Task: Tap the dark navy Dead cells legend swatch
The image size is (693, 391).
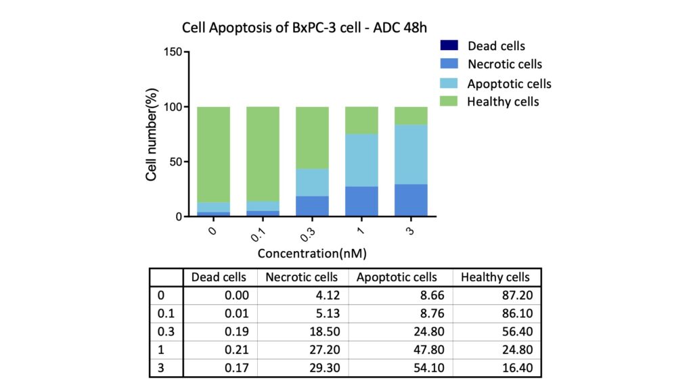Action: point(449,45)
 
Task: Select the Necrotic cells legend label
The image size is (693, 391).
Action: point(505,64)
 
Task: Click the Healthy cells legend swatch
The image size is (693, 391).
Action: point(449,101)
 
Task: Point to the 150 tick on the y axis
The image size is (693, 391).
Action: point(173,51)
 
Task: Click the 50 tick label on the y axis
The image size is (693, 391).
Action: point(176,162)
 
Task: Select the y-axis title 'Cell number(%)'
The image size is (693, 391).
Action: point(151,135)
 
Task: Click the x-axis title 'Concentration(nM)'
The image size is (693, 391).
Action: point(312,254)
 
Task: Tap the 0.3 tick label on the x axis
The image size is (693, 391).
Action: point(308,235)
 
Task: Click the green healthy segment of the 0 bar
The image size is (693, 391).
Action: point(213,155)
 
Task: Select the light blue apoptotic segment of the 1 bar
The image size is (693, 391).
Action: point(361,160)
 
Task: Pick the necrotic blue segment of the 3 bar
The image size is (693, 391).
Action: point(411,200)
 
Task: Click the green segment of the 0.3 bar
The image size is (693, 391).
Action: point(312,138)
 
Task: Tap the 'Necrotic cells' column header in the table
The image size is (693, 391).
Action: point(301,277)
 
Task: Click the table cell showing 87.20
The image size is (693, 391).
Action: point(517,295)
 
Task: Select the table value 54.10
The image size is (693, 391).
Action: point(428,367)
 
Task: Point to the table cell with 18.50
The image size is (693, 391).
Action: point(324,331)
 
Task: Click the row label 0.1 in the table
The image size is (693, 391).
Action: point(166,313)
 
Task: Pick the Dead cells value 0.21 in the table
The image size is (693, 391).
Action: point(236,350)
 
